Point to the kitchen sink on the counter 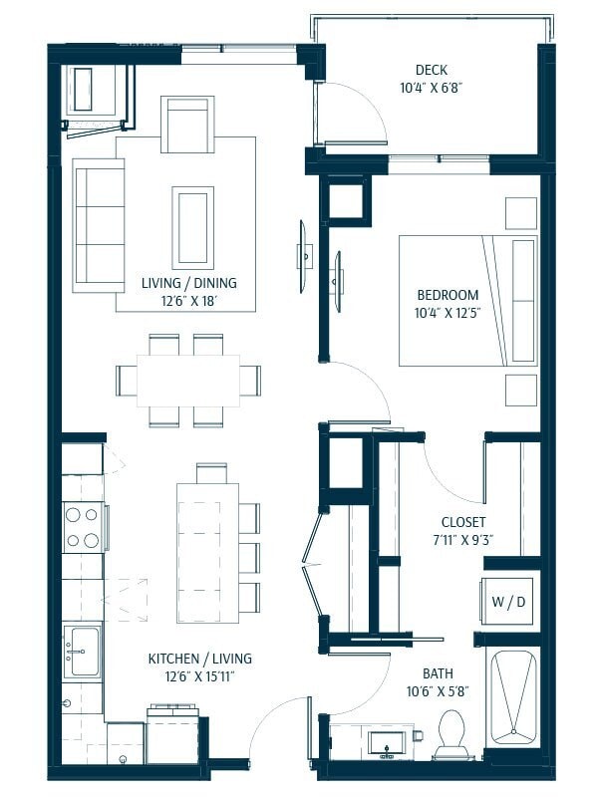click(82, 651)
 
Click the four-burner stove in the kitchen click(84, 528)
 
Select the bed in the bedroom click(466, 300)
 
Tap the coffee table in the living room click(192, 227)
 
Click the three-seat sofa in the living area click(98, 223)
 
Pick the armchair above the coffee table click(187, 125)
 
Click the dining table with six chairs click(188, 381)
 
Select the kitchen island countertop click(207, 552)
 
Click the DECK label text click(431, 70)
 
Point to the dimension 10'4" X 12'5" click(448, 314)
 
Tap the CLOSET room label click(463, 522)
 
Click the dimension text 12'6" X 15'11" click(199, 676)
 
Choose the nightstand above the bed click(520, 213)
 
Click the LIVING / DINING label click(189, 283)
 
